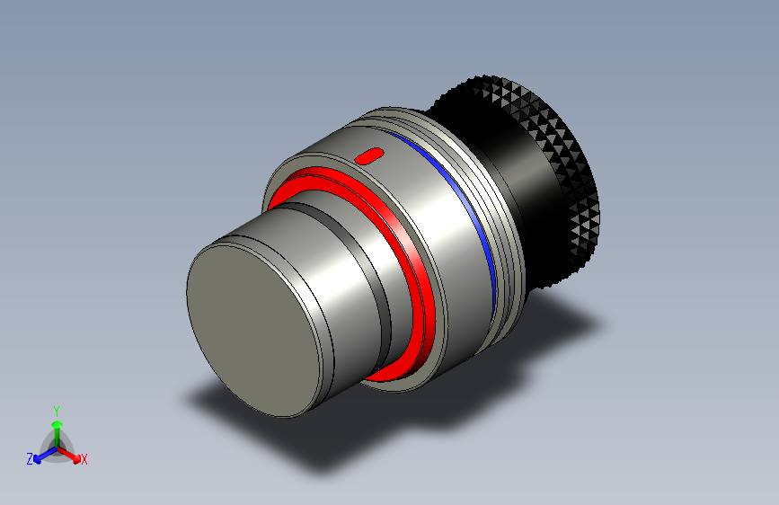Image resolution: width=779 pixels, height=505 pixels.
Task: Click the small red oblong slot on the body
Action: (x=369, y=155)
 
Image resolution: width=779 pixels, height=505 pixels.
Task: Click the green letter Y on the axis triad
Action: (x=56, y=409)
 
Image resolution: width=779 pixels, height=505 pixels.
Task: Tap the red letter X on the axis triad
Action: (x=84, y=459)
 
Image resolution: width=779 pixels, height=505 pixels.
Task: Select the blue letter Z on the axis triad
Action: (x=30, y=458)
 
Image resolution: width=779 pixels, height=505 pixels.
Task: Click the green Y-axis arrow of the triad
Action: (x=57, y=428)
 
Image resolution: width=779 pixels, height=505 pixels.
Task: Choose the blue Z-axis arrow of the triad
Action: (x=41, y=454)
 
